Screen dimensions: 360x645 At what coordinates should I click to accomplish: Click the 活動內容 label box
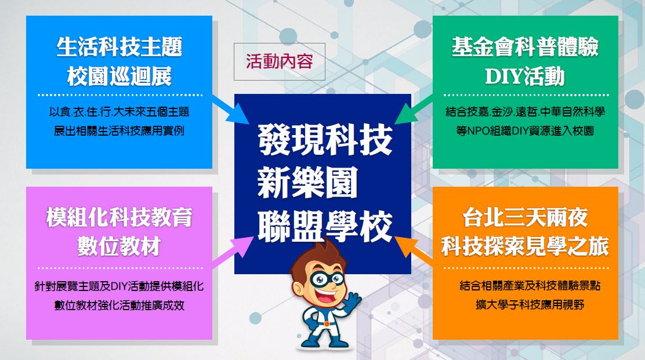(x=279, y=61)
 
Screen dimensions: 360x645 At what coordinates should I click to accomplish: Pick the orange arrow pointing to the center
(x=415, y=248)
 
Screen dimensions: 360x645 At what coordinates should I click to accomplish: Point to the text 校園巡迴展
(x=119, y=76)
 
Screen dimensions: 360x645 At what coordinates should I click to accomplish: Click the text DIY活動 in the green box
(x=525, y=76)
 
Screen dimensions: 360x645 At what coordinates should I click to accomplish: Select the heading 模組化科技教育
(x=119, y=218)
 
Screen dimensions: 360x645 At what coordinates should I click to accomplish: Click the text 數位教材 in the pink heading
(x=119, y=247)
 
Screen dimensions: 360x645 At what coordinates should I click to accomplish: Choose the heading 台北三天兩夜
(x=525, y=218)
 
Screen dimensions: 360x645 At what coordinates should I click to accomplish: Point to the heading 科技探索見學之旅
(x=525, y=247)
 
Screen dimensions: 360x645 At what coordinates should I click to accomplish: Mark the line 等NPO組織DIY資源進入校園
(x=525, y=130)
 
